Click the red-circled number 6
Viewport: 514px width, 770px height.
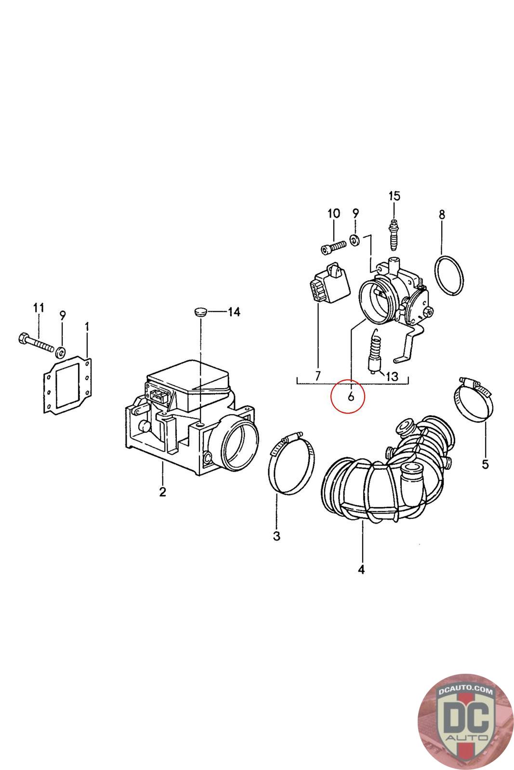pyautogui.click(x=350, y=397)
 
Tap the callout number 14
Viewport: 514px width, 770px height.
pyautogui.click(x=234, y=312)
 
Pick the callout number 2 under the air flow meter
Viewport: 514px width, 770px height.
pyautogui.click(x=162, y=491)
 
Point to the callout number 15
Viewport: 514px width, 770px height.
pyautogui.click(x=394, y=196)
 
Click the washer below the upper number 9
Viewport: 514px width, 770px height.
pyautogui.click(x=355, y=240)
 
